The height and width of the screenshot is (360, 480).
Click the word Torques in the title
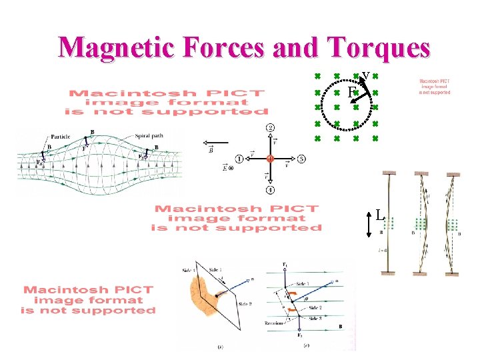click(377, 47)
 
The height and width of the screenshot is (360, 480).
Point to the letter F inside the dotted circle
click(351, 92)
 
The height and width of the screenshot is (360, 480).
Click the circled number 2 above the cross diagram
click(270, 127)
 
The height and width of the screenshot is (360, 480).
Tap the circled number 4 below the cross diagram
click(270, 190)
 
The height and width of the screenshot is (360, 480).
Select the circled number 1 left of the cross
click(239, 159)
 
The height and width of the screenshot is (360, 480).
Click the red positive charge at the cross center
click(270, 159)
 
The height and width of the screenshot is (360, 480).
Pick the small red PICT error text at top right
click(434, 85)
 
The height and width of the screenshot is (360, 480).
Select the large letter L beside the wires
click(379, 215)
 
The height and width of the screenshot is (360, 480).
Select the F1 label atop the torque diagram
click(285, 265)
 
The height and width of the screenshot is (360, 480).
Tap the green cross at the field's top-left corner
click(318, 75)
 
